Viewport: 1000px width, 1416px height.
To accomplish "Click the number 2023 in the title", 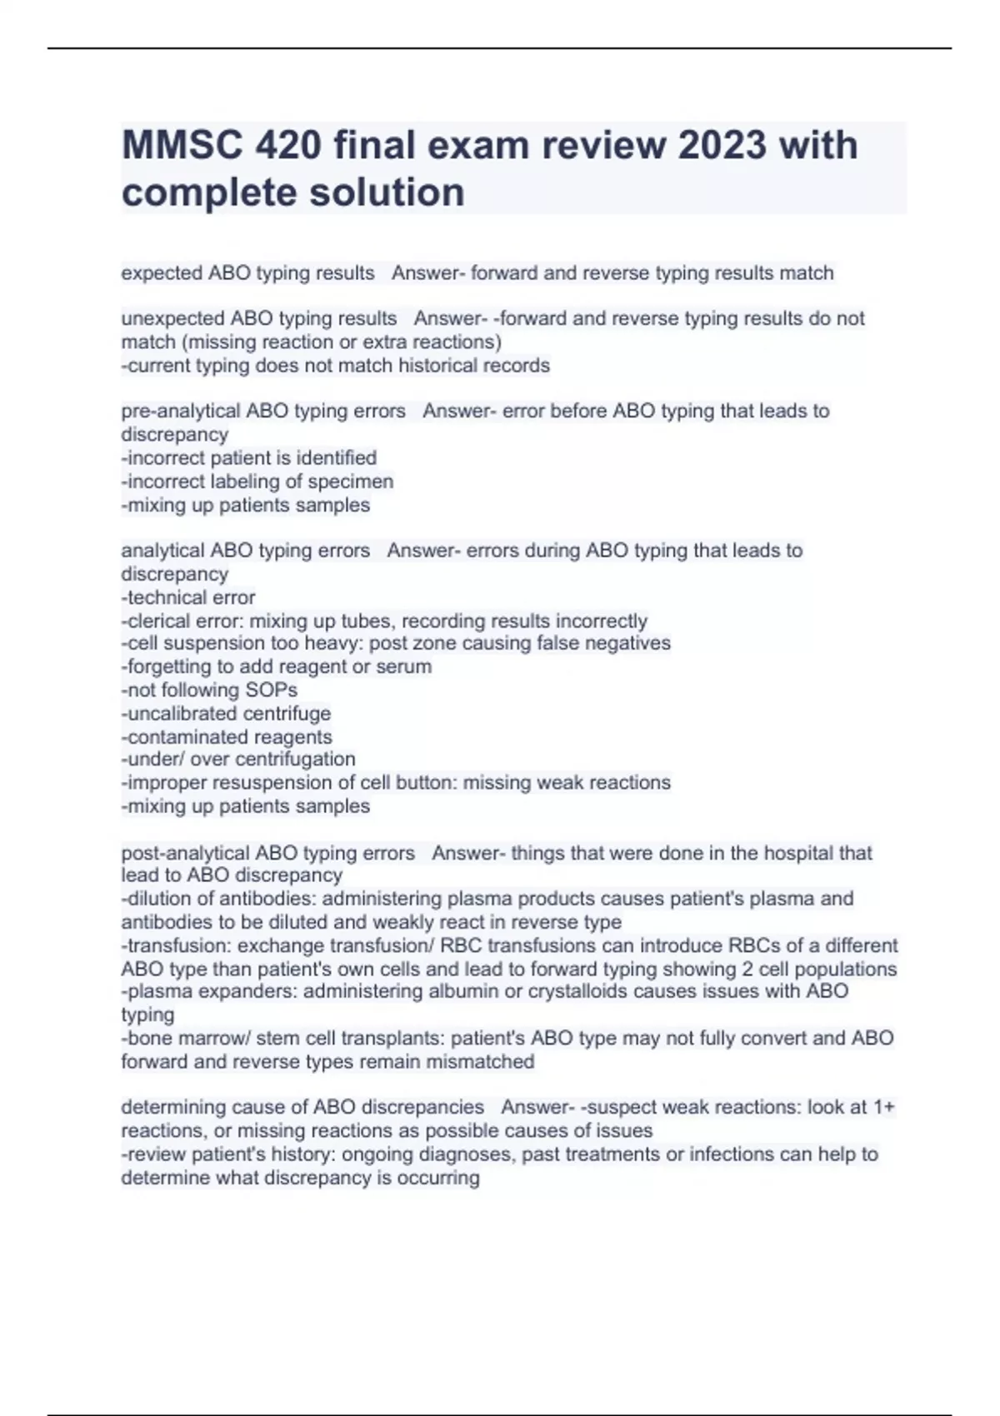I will point(722,146).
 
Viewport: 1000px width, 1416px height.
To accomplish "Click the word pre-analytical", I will point(179,411).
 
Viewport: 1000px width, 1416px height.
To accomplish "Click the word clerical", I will point(158,621).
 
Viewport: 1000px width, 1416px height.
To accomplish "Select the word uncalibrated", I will point(179,713).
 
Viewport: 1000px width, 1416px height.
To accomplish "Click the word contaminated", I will point(179,736).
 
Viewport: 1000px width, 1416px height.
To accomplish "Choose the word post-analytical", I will point(184,853).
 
